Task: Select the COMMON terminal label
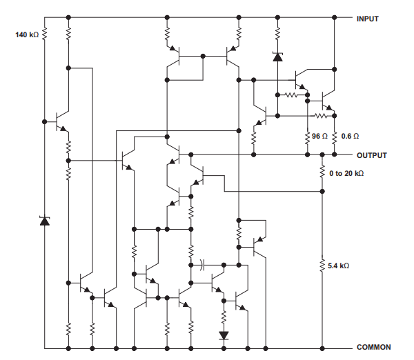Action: (373, 347)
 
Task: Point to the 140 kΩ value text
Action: (27, 34)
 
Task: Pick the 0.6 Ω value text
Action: (350, 137)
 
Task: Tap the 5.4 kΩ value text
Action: (339, 266)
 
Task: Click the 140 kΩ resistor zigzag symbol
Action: (45, 33)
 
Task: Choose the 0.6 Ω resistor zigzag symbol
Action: (335, 137)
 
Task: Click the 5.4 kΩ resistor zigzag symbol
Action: (322, 265)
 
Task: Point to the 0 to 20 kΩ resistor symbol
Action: (322, 172)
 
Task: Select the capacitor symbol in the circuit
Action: (201, 263)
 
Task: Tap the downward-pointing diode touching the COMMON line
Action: (224, 336)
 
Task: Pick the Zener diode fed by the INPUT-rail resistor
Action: (277, 57)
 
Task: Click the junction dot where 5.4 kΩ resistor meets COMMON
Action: (322, 347)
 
